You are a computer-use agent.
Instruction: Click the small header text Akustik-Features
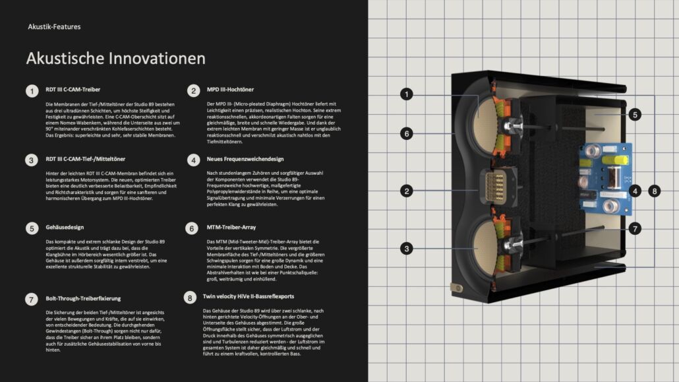tap(54, 27)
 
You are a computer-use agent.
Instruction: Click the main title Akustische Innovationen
tap(115, 59)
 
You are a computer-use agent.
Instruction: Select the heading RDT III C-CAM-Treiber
tap(73, 89)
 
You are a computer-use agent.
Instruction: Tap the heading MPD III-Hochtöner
tap(230, 89)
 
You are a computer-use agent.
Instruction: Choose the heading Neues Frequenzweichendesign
tap(245, 159)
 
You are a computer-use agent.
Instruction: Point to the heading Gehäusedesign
tap(65, 227)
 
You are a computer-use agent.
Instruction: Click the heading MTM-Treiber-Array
tap(231, 227)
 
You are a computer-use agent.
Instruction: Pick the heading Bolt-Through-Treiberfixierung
tap(83, 298)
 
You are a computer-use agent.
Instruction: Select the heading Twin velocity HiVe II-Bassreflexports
tap(249, 297)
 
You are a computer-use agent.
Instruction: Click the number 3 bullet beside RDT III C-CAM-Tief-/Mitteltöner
tap(31, 160)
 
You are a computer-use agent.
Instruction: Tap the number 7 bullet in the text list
tap(31, 299)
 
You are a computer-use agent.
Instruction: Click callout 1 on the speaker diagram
tap(406, 94)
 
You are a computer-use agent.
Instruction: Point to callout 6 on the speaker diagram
tap(406, 133)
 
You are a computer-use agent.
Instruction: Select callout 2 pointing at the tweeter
tap(406, 191)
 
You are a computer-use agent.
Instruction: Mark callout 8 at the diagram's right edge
tap(655, 191)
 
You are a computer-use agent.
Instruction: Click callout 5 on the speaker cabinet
tap(635, 115)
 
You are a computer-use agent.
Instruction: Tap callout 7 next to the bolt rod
tap(635, 228)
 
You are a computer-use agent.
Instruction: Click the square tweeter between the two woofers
tap(496, 187)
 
